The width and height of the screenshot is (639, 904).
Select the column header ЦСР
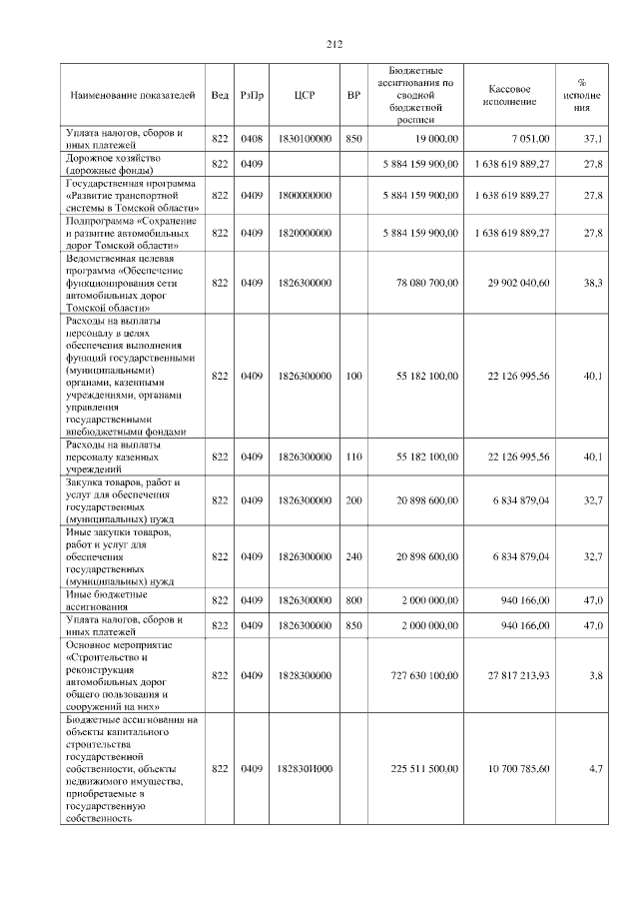pyautogui.click(x=306, y=95)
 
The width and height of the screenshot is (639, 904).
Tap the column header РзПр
pyautogui.click(x=252, y=95)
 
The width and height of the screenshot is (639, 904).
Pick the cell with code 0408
pyautogui.click(x=252, y=140)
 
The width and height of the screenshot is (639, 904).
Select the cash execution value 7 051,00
pyautogui.click(x=529, y=140)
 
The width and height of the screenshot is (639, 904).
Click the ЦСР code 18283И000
pyautogui.click(x=306, y=769)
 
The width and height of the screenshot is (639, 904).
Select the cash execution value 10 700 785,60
pyautogui.click(x=519, y=769)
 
